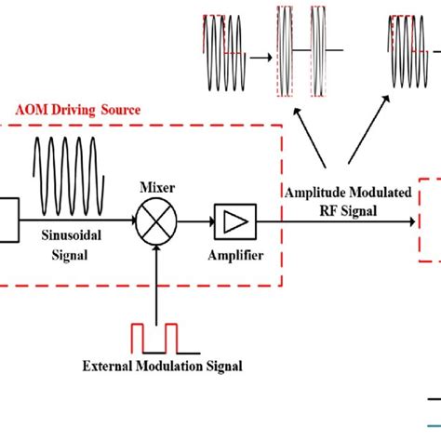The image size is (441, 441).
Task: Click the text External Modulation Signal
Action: (174, 366)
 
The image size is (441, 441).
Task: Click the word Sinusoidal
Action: (72, 238)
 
